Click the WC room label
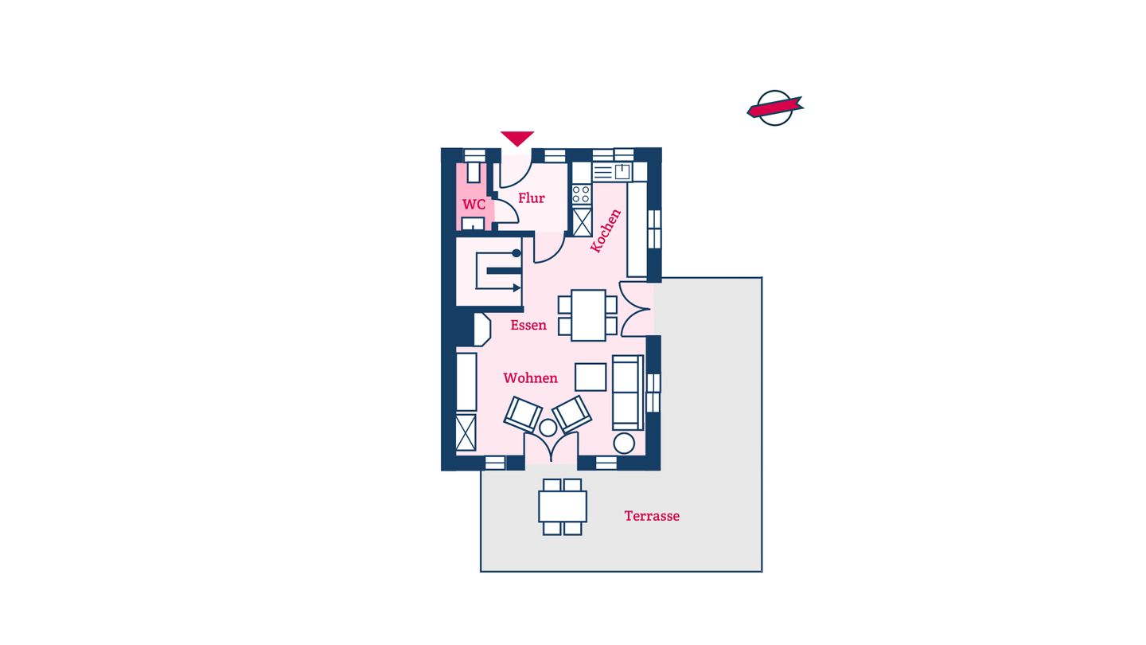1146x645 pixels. tap(474, 205)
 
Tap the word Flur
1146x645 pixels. tap(532, 198)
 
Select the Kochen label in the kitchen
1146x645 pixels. tap(606, 231)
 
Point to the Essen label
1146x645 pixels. tap(528, 325)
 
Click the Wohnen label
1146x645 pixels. tap(531, 378)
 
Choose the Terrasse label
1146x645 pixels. tap(652, 516)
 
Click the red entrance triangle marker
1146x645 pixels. tap(517, 139)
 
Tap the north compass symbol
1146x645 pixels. tap(775, 108)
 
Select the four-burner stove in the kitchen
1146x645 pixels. tap(582, 194)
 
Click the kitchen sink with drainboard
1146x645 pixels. tap(613, 171)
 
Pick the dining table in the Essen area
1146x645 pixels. tap(588, 315)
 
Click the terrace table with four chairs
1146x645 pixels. tap(562, 506)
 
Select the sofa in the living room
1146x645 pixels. tap(628, 393)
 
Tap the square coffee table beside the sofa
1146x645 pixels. tap(591, 377)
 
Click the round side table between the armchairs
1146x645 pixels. tap(548, 428)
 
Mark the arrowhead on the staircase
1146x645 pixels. tap(516, 288)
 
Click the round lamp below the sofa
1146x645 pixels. tap(624, 444)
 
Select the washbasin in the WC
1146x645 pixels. tap(473, 224)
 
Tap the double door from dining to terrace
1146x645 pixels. tap(635, 309)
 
